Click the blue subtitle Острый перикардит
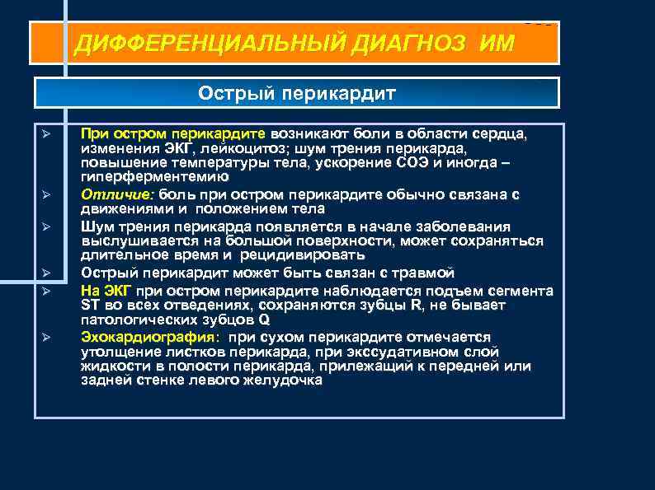pos(297,93)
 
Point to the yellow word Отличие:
pos(118,195)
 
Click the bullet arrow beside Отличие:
pos(46,195)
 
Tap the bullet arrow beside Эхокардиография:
pos(46,337)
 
